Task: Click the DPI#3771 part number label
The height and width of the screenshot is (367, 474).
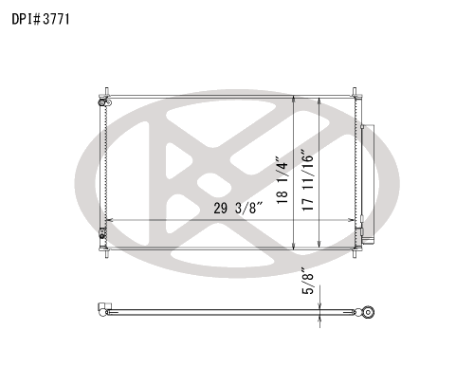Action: (41, 19)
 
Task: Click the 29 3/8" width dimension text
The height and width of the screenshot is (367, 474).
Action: (238, 208)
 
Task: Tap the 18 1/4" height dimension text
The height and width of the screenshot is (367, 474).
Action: (283, 179)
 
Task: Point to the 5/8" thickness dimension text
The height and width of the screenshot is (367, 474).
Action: (308, 282)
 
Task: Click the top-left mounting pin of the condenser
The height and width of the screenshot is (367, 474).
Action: (106, 91)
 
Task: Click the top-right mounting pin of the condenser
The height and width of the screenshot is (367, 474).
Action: (355, 91)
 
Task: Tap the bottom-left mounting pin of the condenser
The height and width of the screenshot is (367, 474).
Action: (106, 253)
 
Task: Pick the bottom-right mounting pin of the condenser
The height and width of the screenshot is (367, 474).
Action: (355, 253)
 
